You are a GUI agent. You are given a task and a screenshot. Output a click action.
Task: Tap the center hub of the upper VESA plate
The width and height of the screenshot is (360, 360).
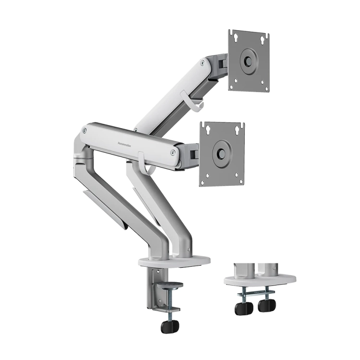coord(249,61)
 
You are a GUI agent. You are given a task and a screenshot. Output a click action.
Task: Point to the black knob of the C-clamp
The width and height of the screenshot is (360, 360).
coord(169,326)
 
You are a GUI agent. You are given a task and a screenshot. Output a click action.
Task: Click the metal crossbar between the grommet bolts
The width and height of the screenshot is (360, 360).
coord(254,291)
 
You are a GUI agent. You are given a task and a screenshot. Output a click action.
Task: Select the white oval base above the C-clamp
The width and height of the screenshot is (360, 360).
coord(175,261)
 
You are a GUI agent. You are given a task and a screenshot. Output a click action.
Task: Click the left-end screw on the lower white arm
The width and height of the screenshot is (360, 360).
coord(85,130)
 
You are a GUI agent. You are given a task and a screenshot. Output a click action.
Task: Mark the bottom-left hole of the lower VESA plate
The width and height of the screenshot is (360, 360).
coord(204,182)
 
